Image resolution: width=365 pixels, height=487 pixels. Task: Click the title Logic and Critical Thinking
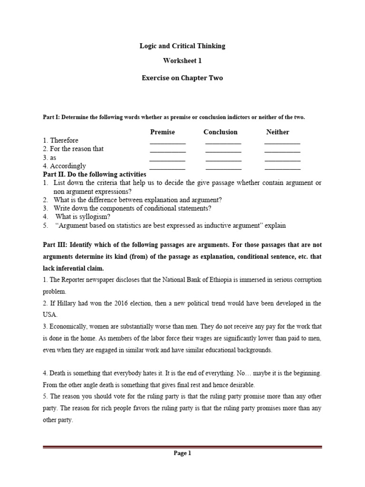182,46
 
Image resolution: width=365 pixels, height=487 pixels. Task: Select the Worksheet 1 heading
182,61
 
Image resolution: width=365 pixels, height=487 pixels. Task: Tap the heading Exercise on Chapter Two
182,78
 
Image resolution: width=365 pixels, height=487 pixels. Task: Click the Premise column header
163,132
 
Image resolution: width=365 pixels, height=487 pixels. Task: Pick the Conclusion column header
221,132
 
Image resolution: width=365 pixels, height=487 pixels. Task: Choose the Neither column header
278,132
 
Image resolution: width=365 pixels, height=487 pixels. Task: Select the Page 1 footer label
182,453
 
